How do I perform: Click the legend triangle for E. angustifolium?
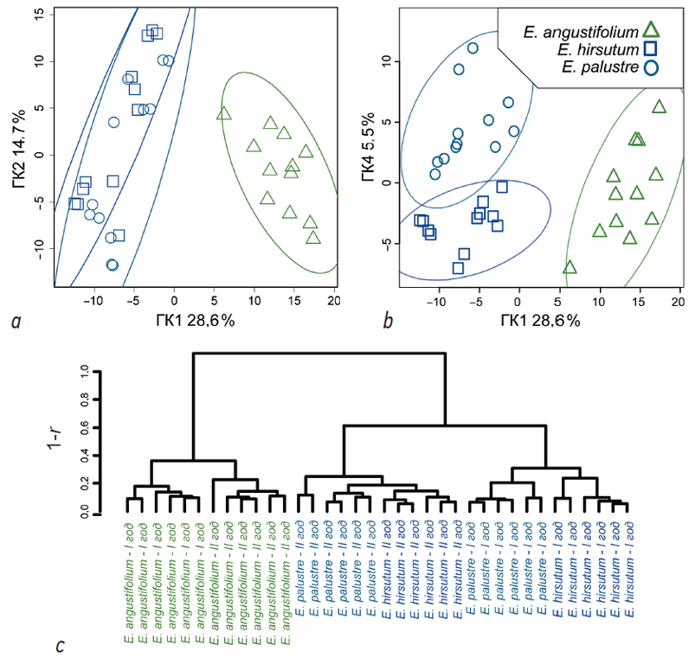pyautogui.click(x=652, y=31)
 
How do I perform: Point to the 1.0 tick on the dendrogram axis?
pyautogui.click(x=84, y=371)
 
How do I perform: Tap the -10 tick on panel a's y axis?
pyautogui.click(x=35, y=245)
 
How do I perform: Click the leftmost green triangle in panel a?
pyautogui.click(x=224, y=113)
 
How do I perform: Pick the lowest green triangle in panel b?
pyautogui.click(x=569, y=267)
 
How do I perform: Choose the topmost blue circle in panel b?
pyautogui.click(x=473, y=48)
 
